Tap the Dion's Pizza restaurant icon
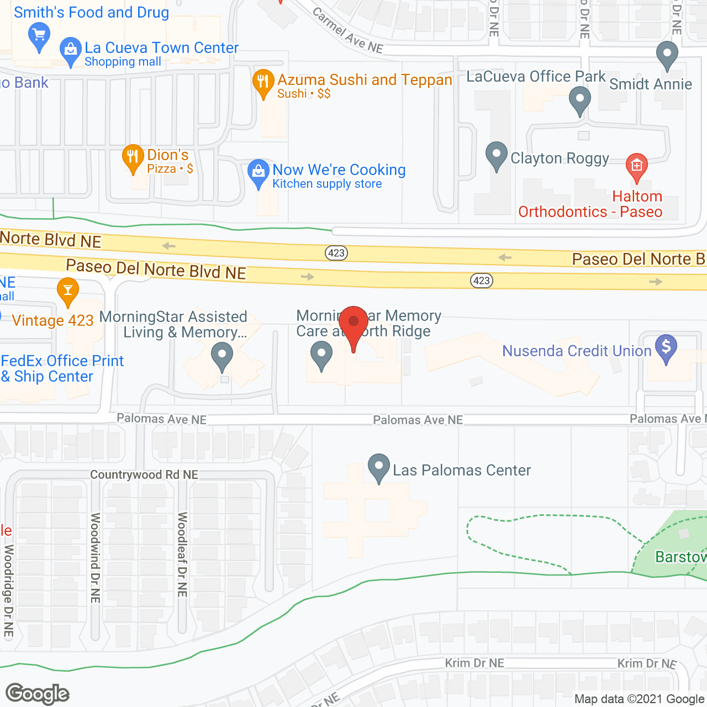click(x=133, y=158)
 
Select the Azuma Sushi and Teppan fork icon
click(x=263, y=82)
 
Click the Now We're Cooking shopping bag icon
click(x=258, y=172)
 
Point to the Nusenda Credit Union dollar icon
click(x=666, y=347)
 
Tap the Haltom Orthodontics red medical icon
click(x=636, y=166)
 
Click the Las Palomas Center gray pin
click(x=379, y=467)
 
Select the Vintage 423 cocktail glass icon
click(x=68, y=291)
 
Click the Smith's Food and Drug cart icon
click(x=39, y=35)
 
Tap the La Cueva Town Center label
click(x=161, y=48)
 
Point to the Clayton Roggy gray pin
click(x=496, y=155)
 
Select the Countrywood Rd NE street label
click(x=144, y=475)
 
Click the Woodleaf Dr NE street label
click(x=182, y=555)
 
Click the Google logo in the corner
click(x=38, y=694)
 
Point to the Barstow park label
click(x=680, y=557)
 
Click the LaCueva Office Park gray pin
click(x=580, y=101)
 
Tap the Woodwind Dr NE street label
click(x=96, y=558)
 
